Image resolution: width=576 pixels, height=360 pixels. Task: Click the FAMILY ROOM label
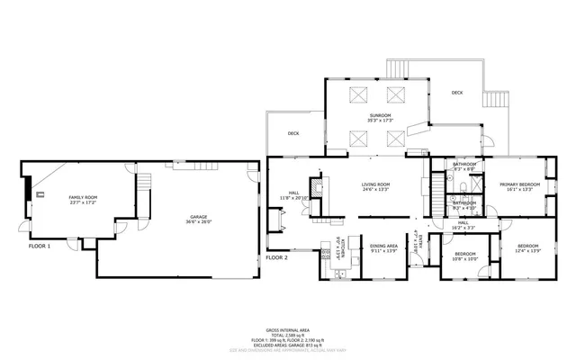tap(83, 196)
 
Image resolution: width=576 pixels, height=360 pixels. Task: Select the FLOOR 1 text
tap(39, 246)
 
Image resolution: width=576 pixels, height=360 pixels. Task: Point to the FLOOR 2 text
tap(275, 257)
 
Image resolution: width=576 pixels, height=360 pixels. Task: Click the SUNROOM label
tap(379, 116)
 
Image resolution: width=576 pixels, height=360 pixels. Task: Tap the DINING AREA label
tap(383, 246)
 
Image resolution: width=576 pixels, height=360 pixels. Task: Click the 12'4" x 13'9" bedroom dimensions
tap(527, 250)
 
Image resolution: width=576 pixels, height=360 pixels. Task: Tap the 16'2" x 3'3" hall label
tap(463, 228)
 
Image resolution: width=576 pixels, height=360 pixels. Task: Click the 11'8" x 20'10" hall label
tap(296, 197)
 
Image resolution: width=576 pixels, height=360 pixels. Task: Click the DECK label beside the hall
tap(292, 133)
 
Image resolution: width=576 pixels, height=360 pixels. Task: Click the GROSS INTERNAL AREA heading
tap(288, 329)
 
